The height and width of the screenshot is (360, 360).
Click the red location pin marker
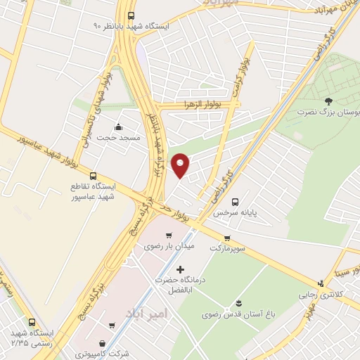pyautogui.click(x=181, y=165)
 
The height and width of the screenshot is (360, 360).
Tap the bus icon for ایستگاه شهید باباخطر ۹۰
pyautogui.click(x=131, y=15)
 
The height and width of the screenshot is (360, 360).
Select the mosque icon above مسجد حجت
pyautogui.click(x=118, y=127)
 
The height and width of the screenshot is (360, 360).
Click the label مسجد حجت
pyautogui.click(x=119, y=138)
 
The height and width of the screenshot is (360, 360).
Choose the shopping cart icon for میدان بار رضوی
pyautogui.click(x=168, y=235)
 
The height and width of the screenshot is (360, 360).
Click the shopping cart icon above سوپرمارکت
pyautogui.click(x=227, y=238)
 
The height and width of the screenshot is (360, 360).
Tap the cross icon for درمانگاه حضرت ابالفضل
pyautogui.click(x=180, y=269)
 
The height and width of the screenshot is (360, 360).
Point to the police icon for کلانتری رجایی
pyautogui.click(x=321, y=284)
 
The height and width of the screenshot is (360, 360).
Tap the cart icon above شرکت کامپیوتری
pyautogui.click(x=112, y=326)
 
